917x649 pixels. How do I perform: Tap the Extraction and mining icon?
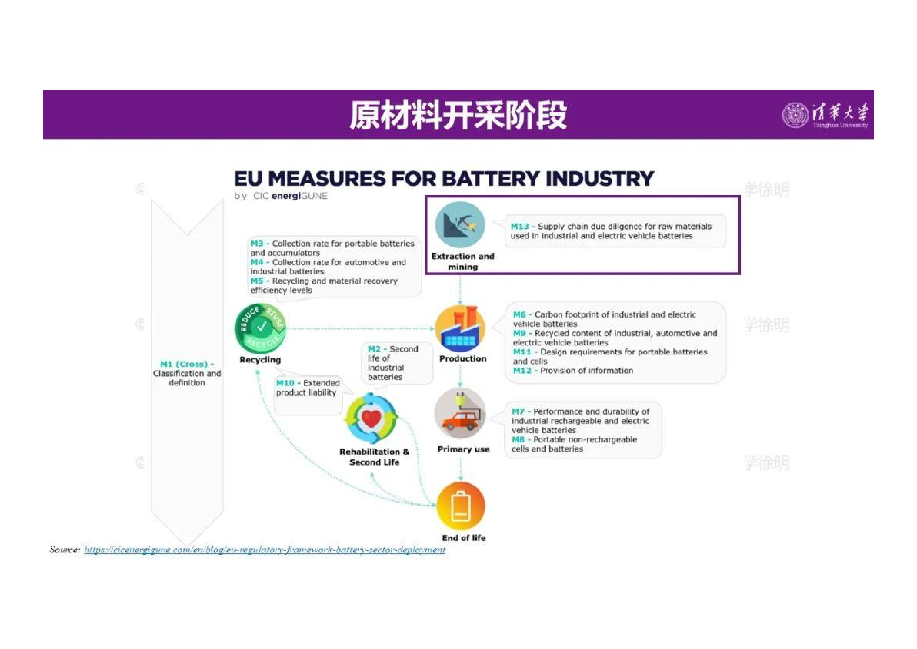tap(460, 225)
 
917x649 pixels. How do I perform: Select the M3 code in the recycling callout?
tap(257, 243)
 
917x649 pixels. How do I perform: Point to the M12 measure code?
tap(522, 370)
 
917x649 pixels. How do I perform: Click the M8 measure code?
tap(518, 439)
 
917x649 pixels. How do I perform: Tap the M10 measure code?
tap(285, 383)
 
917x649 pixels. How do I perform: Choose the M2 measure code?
tap(374, 349)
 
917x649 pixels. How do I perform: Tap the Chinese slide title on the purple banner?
tap(458, 115)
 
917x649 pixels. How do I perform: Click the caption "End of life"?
tap(464, 538)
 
